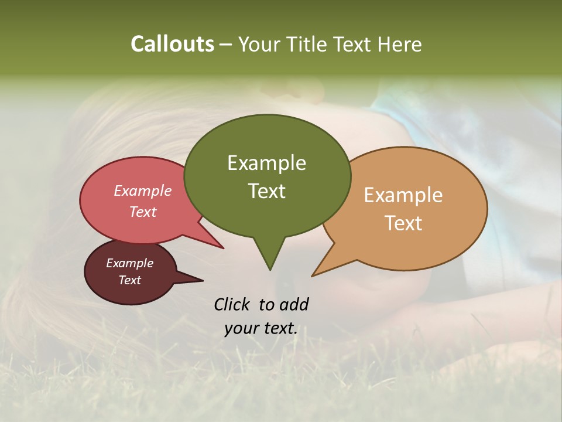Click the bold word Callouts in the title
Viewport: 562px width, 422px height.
pos(172,45)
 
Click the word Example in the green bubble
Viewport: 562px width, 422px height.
pos(266,163)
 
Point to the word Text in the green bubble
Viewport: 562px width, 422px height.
pos(266,191)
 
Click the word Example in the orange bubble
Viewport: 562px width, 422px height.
pos(403,195)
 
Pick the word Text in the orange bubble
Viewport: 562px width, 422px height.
pos(403,223)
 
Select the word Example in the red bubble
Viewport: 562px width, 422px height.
pos(143,191)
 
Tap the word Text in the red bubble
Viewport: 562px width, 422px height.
pos(143,212)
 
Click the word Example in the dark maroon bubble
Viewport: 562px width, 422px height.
pos(129,263)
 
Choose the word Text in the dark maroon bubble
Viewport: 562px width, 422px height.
pos(129,280)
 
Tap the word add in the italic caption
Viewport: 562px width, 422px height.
pos(293,304)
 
